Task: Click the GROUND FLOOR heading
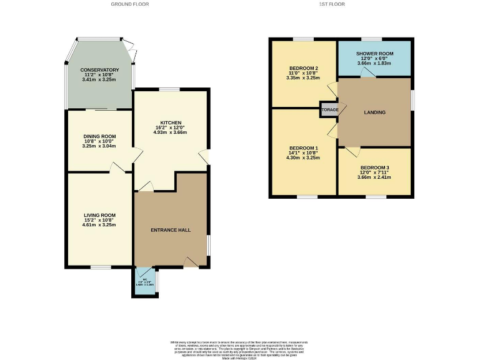pos(130,4)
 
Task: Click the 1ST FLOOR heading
pos(332,4)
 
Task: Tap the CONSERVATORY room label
pos(99,70)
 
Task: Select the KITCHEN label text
pos(171,122)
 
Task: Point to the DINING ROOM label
pos(99,136)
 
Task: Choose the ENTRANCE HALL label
pos(171,230)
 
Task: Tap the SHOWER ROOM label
pos(374,52)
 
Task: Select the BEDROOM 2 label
pos(304,68)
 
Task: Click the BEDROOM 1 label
pos(304,148)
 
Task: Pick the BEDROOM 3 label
pos(374,167)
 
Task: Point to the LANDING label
pos(374,112)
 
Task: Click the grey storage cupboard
pos(329,110)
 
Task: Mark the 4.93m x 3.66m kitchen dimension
pos(171,133)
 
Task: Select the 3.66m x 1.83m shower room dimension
pos(374,63)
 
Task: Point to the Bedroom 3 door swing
pos(352,152)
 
